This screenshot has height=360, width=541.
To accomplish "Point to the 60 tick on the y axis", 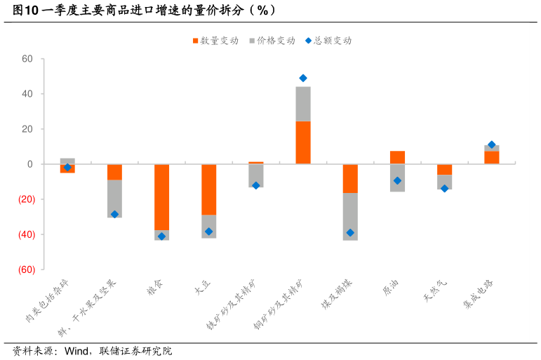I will point(27,59).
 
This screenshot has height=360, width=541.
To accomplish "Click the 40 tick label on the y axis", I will point(27,94).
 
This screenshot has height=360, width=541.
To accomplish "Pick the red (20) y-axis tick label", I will point(26,199).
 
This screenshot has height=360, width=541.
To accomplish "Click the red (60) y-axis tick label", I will point(26,269).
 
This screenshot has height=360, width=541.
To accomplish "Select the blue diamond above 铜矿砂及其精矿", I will point(303,78).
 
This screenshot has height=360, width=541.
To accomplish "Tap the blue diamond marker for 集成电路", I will point(491,145).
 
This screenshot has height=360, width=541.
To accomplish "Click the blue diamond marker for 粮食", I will point(161,236).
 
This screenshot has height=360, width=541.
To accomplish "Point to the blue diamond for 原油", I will point(397,180).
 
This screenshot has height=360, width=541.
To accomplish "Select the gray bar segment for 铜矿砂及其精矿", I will point(303,104).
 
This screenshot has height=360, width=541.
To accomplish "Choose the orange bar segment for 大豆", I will point(208,189).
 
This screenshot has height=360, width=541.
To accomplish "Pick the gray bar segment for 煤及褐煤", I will point(350,216).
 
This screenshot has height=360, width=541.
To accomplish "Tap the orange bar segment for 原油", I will point(397,157).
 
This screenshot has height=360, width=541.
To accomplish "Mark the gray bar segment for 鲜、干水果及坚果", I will point(114,198).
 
